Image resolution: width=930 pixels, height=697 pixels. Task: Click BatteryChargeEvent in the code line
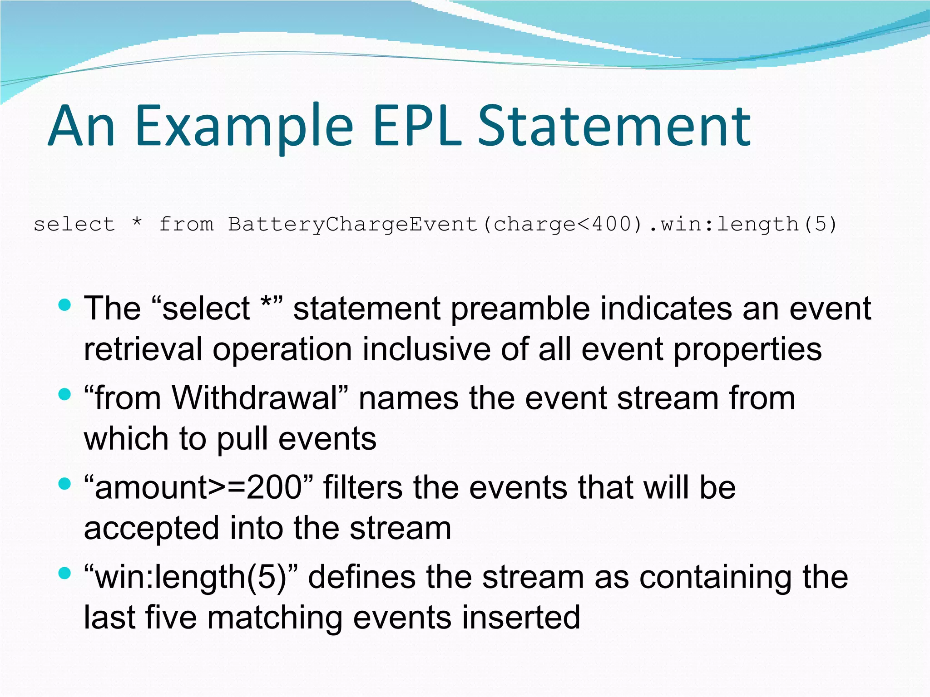[353, 224]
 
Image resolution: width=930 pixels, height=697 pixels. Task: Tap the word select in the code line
[74, 224]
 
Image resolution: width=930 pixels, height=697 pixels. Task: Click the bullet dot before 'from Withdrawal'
[65, 394]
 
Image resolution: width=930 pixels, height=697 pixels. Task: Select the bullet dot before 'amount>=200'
[65, 484]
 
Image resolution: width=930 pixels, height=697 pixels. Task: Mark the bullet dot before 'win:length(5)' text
[65, 573]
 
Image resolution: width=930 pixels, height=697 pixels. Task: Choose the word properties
[747, 350]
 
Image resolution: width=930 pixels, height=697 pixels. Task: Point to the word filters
[363, 488]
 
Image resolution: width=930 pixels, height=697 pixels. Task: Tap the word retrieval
[143, 350]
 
